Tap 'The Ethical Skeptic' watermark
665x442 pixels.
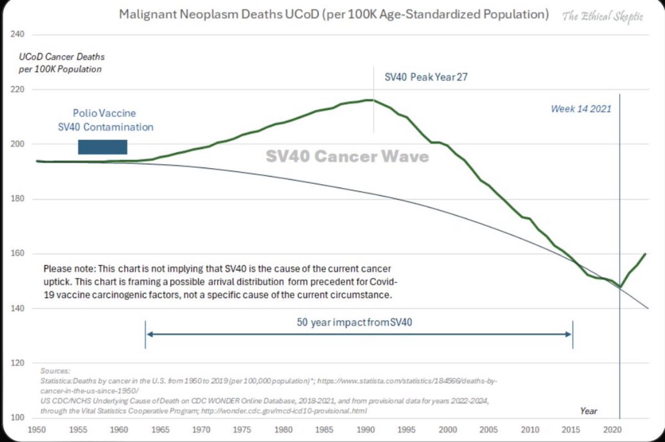pyautogui.click(x=603, y=16)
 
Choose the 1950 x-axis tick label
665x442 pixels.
pyautogui.click(x=36, y=430)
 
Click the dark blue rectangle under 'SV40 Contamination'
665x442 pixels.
pyautogui.click(x=103, y=147)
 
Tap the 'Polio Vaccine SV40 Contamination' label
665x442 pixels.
pyautogui.click(x=105, y=120)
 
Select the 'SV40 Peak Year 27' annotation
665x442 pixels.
pyautogui.click(x=426, y=77)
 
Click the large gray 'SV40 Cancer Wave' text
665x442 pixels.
pyautogui.click(x=347, y=156)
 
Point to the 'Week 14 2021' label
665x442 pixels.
pyautogui.click(x=581, y=109)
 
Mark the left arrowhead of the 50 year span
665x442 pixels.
pyautogui.click(x=148, y=334)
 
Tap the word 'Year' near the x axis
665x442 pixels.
pyautogui.click(x=588, y=411)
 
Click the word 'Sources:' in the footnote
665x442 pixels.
pyautogui.click(x=55, y=370)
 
